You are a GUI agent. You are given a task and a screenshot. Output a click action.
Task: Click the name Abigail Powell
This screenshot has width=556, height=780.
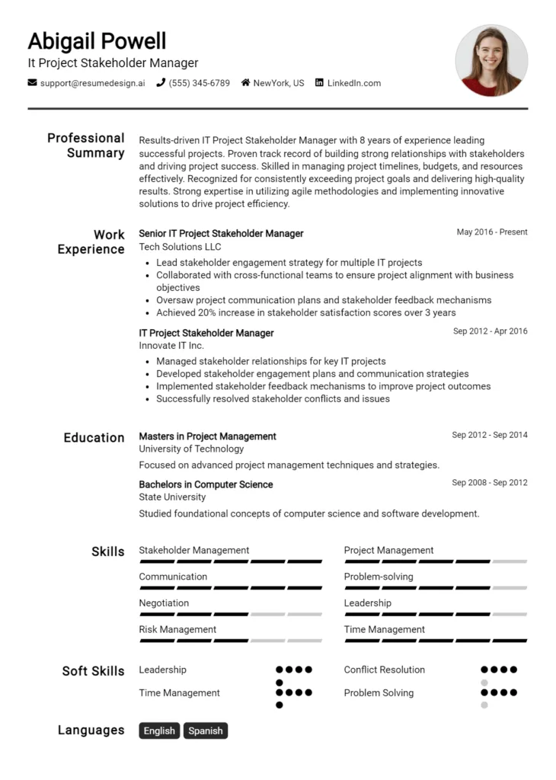click(97, 40)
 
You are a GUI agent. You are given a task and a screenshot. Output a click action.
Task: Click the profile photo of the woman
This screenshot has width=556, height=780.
click(491, 60)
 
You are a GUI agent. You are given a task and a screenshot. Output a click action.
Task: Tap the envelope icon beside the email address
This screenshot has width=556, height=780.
click(32, 82)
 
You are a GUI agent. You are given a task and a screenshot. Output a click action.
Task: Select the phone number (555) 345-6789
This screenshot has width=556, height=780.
click(199, 83)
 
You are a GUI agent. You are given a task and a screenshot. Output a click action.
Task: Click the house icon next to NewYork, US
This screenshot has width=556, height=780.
click(245, 82)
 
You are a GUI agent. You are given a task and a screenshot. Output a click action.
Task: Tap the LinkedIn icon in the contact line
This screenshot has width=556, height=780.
click(319, 82)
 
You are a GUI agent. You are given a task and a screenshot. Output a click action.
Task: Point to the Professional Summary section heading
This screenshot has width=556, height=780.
click(86, 145)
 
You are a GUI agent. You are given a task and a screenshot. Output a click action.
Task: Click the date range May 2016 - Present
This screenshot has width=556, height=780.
click(492, 232)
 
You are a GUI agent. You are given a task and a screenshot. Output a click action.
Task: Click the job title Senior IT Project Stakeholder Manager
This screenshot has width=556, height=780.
click(221, 233)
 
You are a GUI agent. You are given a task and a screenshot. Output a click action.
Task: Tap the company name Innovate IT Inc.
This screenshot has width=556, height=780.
click(171, 346)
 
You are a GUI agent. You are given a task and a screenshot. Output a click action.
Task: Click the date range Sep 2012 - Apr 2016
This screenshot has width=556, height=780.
click(490, 331)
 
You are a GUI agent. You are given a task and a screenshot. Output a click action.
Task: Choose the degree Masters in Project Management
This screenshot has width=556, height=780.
click(207, 436)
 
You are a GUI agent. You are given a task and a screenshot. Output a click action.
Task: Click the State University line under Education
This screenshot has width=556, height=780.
click(172, 497)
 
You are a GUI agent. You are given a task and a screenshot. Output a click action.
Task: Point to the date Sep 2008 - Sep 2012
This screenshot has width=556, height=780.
click(489, 483)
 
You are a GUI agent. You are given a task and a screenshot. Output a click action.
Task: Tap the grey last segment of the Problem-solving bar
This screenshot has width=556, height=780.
click(510, 588)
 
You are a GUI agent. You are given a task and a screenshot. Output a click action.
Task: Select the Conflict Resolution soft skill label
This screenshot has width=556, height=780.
click(384, 670)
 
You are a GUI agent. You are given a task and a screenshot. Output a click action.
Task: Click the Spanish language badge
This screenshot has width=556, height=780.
click(206, 730)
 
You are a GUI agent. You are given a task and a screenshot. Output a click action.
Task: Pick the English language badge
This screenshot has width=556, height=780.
click(159, 730)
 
